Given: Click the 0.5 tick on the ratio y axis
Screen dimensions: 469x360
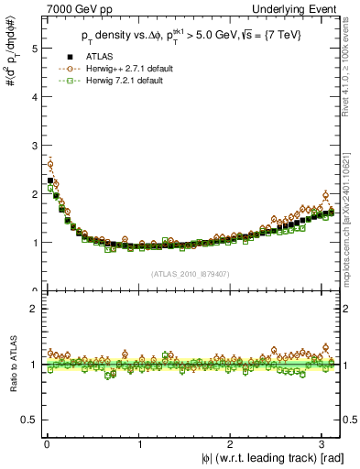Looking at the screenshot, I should [27, 420].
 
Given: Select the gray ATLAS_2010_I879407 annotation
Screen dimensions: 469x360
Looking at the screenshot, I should [190, 274].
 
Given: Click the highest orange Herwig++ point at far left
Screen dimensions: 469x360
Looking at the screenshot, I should [50, 165].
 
